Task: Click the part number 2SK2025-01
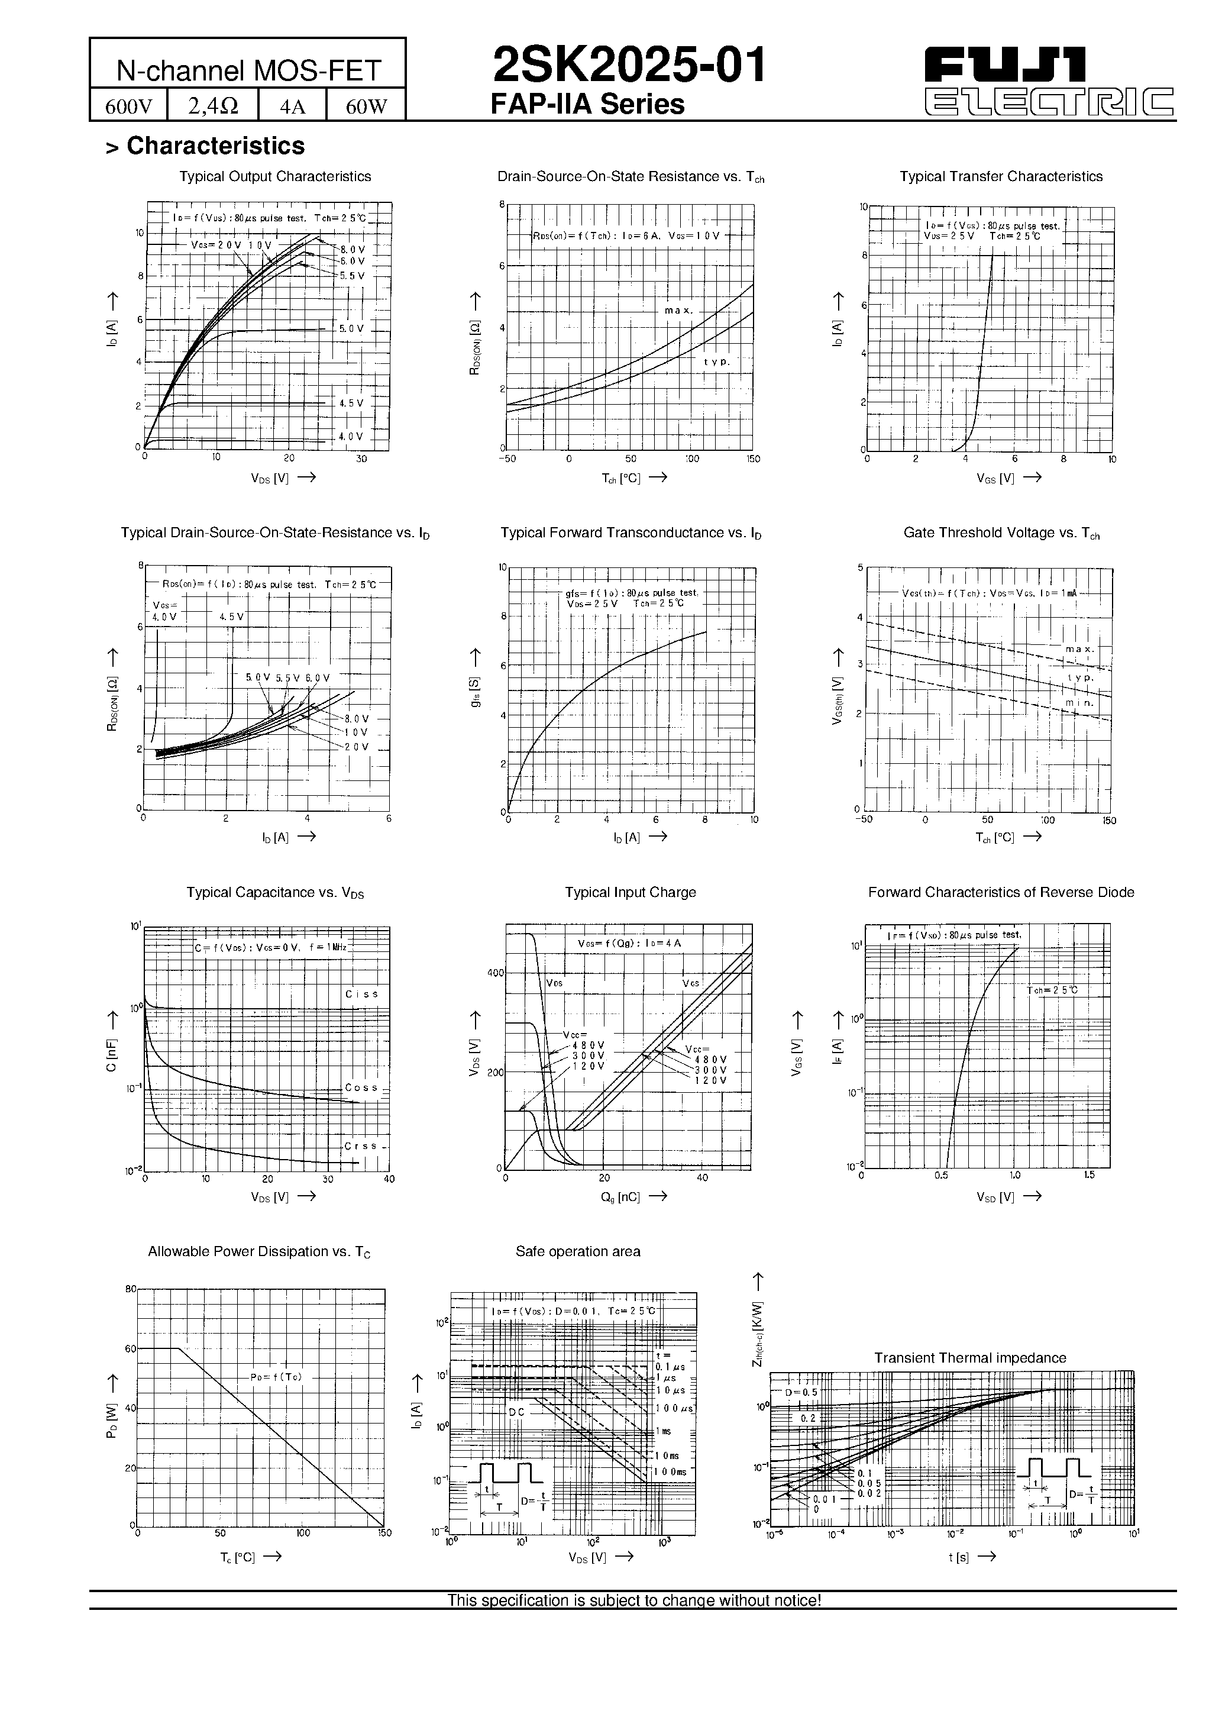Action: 629,65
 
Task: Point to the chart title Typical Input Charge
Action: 630,893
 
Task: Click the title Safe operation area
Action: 578,1251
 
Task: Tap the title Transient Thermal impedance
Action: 969,1358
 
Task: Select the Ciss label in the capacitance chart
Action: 361,994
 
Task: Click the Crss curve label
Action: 360,1146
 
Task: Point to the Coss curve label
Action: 361,1087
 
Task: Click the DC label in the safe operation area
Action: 516,1411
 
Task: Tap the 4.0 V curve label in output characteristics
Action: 350,436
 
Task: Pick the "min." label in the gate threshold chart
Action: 1079,703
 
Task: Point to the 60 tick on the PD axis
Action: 130,1349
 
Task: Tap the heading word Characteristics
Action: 215,146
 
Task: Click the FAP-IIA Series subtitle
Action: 588,105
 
